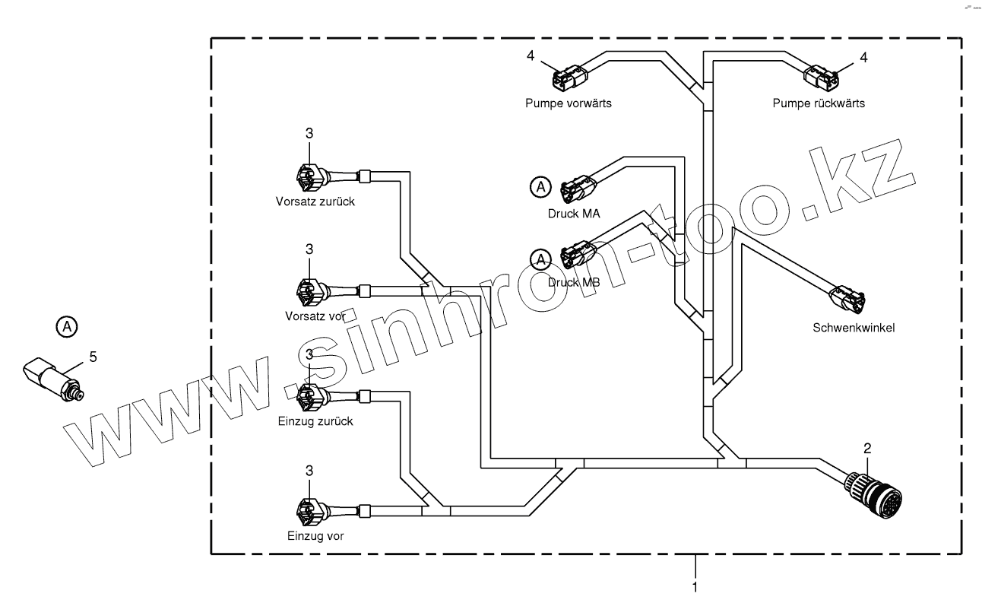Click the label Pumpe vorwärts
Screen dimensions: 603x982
tap(568, 103)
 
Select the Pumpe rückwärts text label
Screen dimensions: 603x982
tap(818, 103)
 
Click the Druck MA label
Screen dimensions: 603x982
tap(574, 214)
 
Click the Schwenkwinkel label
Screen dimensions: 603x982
tap(854, 328)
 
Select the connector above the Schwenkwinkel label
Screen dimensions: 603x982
tap(847, 299)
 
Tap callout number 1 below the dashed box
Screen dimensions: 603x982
tap(695, 587)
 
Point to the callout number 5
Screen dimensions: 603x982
tap(93, 355)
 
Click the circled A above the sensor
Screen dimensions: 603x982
tap(67, 327)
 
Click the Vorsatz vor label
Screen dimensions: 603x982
tap(314, 316)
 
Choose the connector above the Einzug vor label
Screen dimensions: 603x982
tap(309, 510)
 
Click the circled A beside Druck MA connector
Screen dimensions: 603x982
tap(540, 186)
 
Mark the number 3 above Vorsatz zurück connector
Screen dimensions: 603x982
tap(309, 133)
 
